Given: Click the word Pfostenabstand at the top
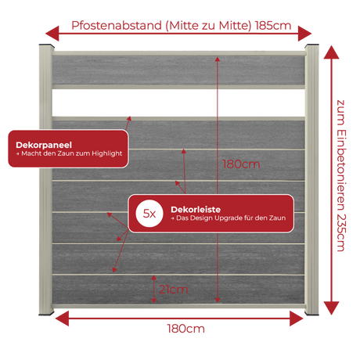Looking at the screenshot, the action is click(117, 26).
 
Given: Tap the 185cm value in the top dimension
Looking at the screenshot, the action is click(273, 26).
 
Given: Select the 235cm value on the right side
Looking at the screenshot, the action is click(341, 232).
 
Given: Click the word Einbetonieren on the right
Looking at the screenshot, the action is click(341, 170).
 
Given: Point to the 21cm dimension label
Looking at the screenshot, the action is click(174, 290).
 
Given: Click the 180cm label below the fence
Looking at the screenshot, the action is click(186, 329).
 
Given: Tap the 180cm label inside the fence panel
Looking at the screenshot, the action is click(241, 164).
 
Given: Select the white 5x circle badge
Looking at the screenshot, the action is click(149, 214).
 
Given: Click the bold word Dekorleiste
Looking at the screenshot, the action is click(196, 210).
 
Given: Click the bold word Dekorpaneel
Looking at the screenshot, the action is click(44, 145).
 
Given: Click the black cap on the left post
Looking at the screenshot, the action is click(47, 46).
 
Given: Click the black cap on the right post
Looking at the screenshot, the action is click(312, 45).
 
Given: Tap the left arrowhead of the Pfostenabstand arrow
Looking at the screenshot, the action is click(52, 34).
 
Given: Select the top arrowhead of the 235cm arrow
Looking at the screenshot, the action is click(331, 52).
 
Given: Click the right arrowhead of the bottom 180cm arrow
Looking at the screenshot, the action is click(297, 319).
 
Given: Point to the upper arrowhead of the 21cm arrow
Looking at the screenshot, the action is click(154, 278).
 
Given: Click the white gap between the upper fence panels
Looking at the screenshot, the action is click(178, 103).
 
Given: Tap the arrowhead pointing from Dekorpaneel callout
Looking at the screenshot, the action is click(129, 119).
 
